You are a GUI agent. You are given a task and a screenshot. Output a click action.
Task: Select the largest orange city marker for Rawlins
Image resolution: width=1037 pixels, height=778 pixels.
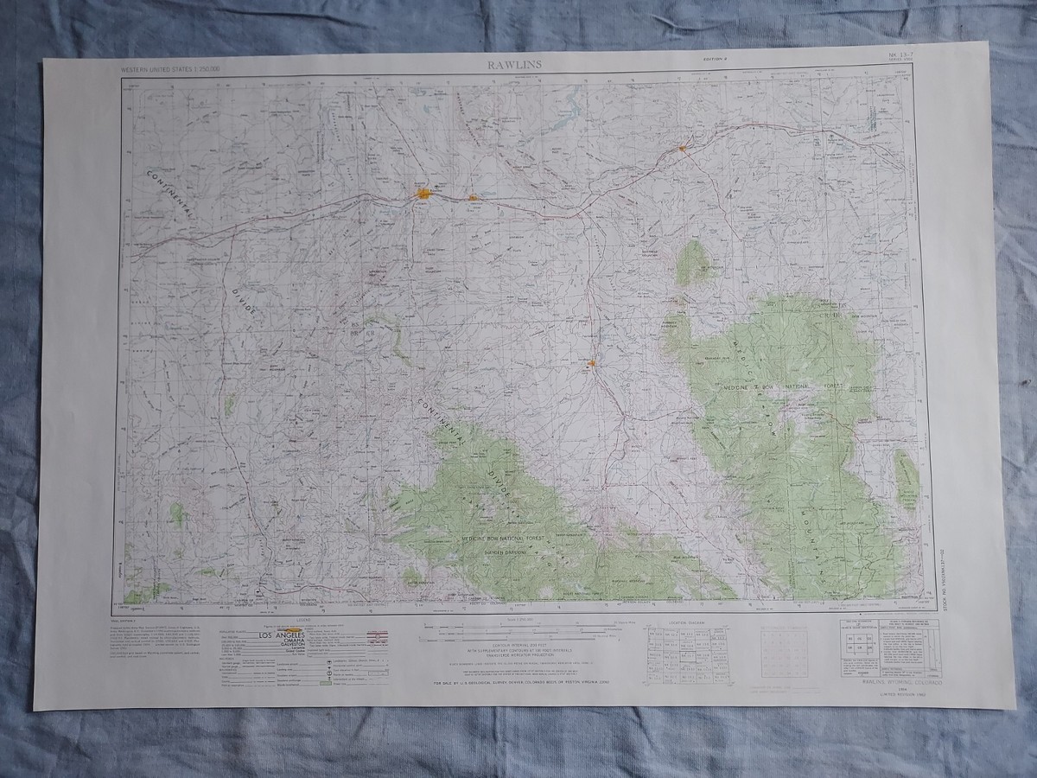coord(423,194)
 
